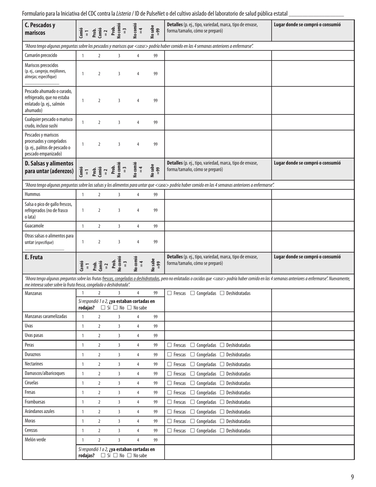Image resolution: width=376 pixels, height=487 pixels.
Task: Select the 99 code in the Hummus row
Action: (156, 194)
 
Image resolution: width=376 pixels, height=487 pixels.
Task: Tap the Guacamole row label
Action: (34, 226)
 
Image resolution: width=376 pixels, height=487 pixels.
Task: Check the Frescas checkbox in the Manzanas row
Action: (169, 293)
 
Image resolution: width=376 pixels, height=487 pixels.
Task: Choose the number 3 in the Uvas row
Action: (119, 326)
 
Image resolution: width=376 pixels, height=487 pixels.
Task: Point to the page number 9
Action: (352, 477)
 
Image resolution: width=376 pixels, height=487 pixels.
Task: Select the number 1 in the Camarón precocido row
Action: (83, 56)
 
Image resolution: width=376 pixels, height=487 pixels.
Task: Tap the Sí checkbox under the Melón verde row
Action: (103, 455)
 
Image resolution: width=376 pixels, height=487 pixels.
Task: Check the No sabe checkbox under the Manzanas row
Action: (129, 308)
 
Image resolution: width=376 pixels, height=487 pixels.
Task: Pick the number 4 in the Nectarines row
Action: (138, 364)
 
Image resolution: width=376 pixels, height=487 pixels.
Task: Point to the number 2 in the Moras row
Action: (99, 421)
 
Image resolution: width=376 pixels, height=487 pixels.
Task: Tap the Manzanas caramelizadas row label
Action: (46, 316)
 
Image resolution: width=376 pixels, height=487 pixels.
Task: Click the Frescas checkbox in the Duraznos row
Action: (169, 355)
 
